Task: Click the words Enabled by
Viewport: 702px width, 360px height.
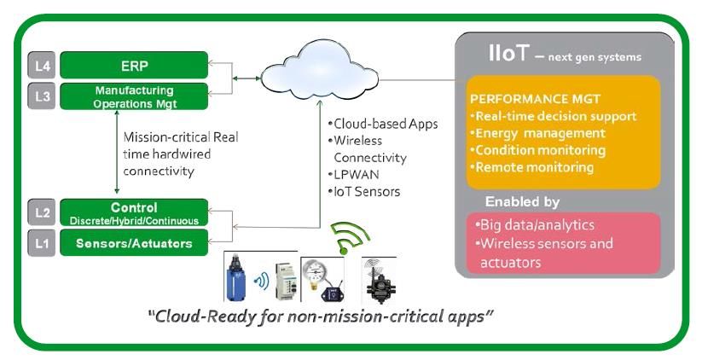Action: point(522,202)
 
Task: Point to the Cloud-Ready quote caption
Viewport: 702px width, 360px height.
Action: point(322,316)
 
